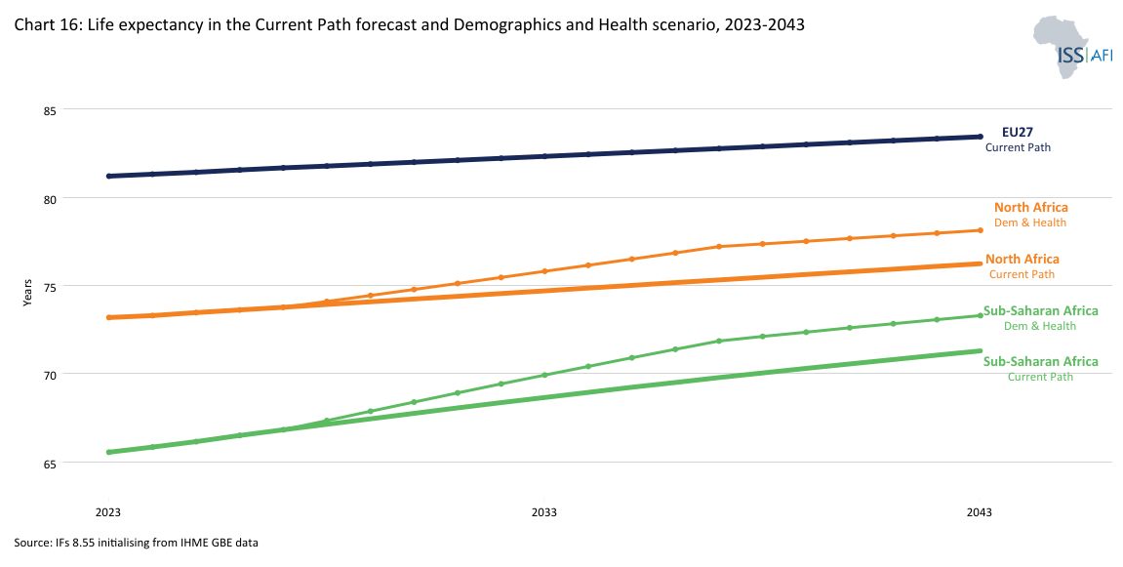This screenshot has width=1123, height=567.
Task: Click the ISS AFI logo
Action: tap(1070, 46)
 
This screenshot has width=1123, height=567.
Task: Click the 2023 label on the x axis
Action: tap(108, 512)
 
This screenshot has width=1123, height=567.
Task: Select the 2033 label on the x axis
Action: tap(543, 512)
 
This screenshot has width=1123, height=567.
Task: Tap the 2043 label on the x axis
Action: tap(980, 512)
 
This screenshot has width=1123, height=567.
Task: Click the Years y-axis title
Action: tap(27, 292)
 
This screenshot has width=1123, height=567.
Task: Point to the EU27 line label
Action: tap(1018, 132)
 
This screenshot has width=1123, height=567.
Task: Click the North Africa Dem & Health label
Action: tap(1030, 215)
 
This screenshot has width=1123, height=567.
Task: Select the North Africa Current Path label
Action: tap(1022, 266)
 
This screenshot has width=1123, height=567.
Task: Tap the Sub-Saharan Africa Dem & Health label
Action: tap(1040, 318)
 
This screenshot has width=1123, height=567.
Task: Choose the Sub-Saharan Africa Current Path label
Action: tap(1040, 369)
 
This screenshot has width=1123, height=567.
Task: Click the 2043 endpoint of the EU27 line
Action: tap(980, 137)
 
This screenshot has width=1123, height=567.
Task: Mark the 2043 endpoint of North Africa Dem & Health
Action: tap(980, 230)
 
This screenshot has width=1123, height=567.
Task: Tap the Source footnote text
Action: tap(136, 543)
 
